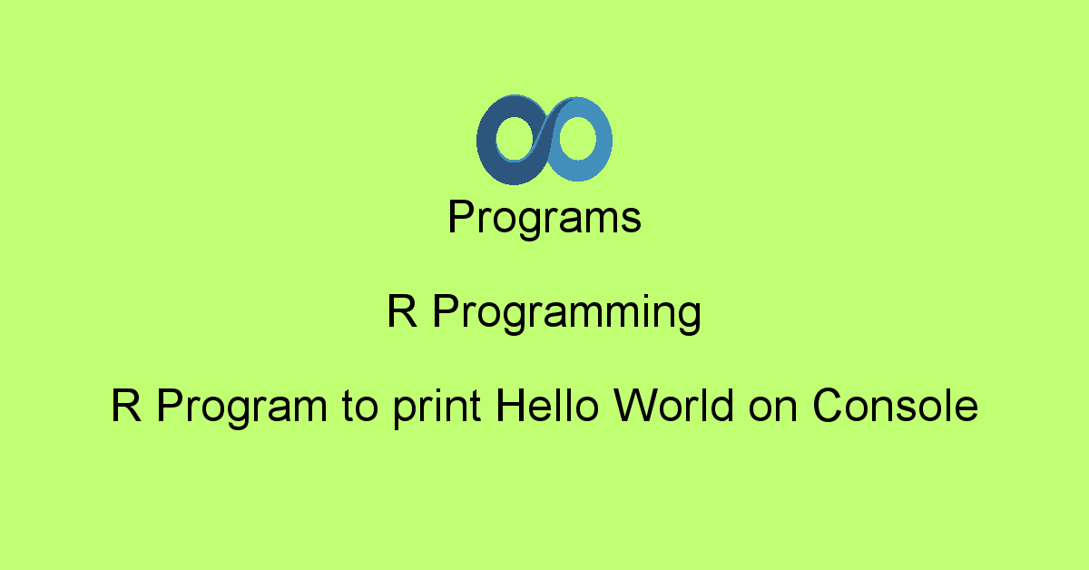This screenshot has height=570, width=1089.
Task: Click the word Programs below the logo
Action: tap(544, 219)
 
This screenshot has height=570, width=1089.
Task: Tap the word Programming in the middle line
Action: tap(566, 314)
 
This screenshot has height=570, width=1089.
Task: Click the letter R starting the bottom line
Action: tap(125, 405)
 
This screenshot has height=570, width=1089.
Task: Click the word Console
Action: tap(895, 405)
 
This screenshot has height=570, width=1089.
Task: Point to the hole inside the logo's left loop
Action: tap(513, 141)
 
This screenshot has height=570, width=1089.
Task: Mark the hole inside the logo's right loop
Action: tap(577, 141)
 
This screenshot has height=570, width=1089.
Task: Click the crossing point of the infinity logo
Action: tap(544, 139)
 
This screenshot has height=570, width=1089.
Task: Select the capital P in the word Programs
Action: tap(460, 219)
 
